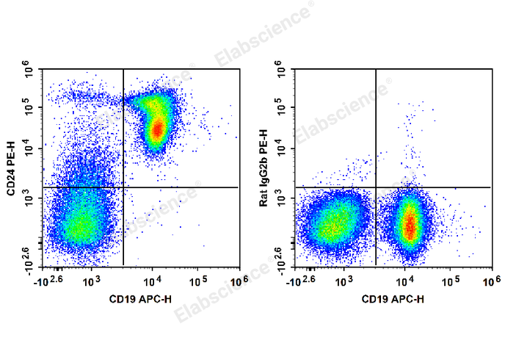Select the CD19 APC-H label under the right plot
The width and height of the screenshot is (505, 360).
pos(393,299)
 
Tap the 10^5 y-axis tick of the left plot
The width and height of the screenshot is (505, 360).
pos(30,109)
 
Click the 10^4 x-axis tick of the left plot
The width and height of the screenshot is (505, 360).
pos(153,281)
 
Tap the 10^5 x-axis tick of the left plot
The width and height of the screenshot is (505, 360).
pos(198,281)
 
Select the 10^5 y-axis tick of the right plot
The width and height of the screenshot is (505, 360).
pos(282,109)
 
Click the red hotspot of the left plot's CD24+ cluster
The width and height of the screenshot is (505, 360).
pos(157,130)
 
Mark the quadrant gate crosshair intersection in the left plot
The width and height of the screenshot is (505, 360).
pos(123,187)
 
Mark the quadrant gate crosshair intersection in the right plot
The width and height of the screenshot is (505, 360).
pos(376,187)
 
